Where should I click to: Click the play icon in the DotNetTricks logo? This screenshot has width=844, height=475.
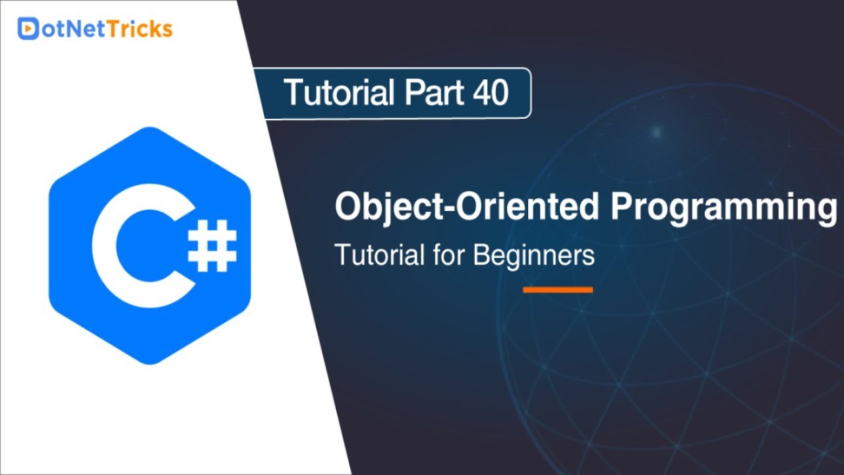click(28, 28)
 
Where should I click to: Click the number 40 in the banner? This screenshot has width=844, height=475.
click(490, 93)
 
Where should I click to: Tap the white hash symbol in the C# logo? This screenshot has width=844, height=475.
click(212, 245)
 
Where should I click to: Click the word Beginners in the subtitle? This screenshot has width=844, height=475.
click(533, 255)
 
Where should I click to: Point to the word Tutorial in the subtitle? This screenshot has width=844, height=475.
click(378, 255)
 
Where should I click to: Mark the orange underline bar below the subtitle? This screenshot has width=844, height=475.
click(557, 290)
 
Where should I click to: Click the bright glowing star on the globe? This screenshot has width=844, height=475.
click(656, 131)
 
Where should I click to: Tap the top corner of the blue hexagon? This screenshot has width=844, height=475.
click(150, 128)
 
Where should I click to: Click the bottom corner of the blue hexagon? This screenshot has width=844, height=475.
click(150, 364)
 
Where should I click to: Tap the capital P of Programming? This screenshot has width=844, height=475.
click(622, 207)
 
